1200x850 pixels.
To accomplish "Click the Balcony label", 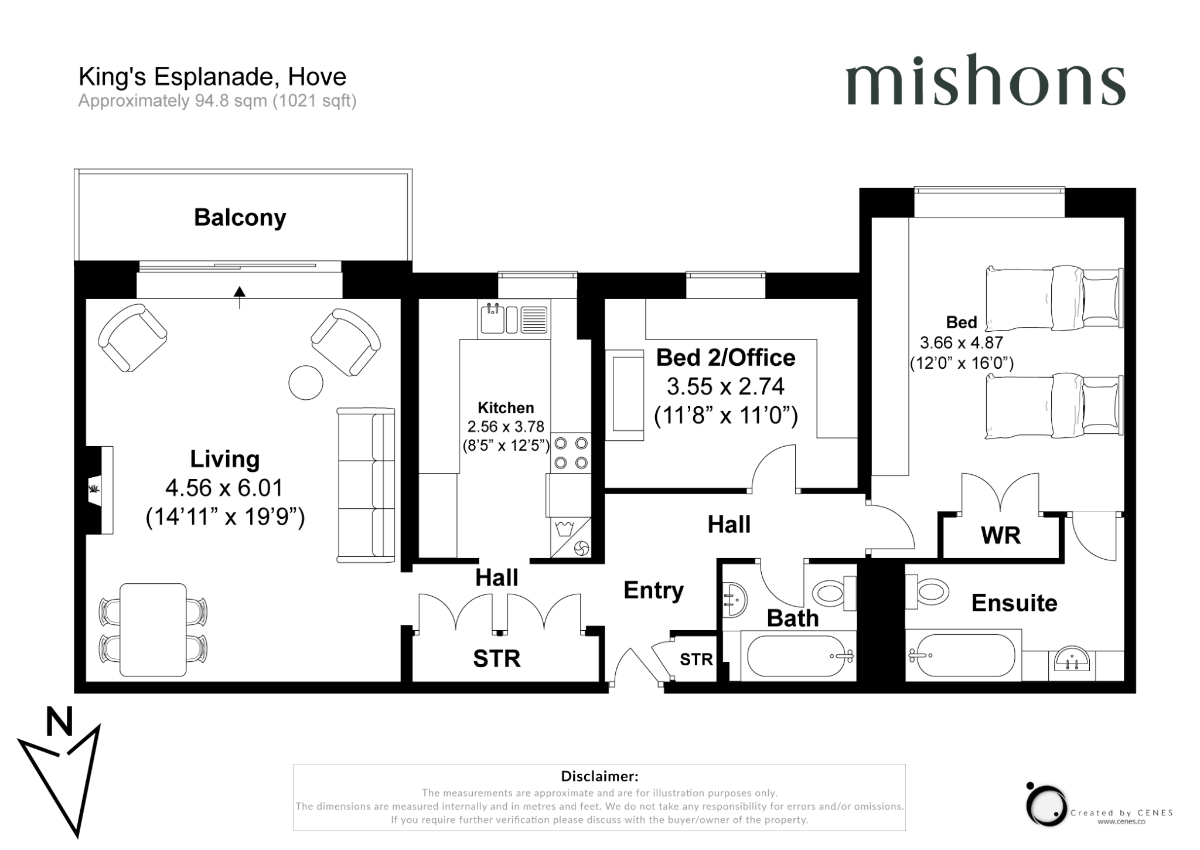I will (240, 217).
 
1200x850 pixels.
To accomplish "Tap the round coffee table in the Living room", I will (306, 382).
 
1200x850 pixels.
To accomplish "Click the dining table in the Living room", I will (153, 630).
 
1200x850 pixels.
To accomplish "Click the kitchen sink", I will (493, 319).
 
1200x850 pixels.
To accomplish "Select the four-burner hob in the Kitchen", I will (571, 453).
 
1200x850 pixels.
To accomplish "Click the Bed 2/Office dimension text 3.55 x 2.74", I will (725, 386).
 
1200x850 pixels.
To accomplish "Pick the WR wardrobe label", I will (1000, 535).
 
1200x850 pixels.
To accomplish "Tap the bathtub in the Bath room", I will (797, 657).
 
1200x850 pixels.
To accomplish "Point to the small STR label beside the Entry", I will (696, 659).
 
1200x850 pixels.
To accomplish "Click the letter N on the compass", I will (59, 722).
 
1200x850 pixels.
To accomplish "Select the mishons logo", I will (985, 87).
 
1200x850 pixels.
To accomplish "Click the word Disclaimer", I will (599, 776).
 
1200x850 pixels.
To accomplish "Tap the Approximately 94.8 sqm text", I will (217, 101).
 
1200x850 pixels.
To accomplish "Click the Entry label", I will (653, 590).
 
